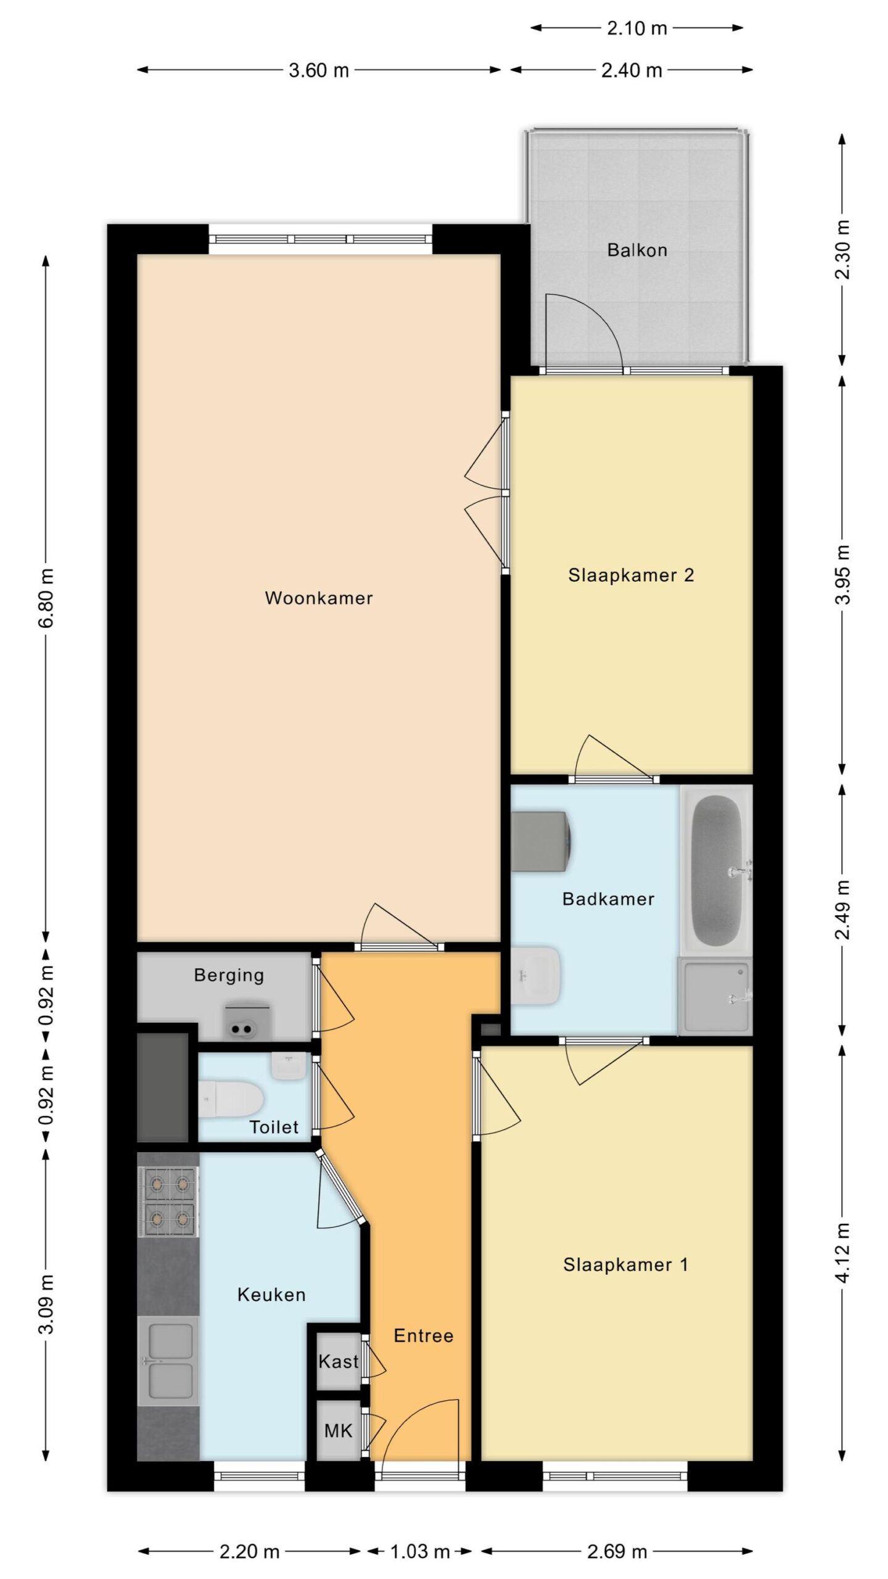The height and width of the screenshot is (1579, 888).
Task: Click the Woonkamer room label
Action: pos(319,598)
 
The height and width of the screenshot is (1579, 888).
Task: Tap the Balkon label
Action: pos(637,250)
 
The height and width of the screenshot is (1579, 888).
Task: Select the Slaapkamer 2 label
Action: pos(631,575)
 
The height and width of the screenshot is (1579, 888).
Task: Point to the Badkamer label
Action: pos(608,899)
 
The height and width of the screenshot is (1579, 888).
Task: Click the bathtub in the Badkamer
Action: pos(716,868)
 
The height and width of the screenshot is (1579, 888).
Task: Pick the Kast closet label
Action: pos(339,1361)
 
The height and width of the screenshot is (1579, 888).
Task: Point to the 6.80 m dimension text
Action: pos(47,598)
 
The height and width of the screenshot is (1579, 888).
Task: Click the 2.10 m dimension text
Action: pos(637,28)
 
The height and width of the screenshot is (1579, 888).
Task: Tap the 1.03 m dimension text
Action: pos(420,1552)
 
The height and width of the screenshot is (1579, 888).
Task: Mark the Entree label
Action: pos(424,1336)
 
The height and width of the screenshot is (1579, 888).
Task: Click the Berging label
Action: pos(229,975)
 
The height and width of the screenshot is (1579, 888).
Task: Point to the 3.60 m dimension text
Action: pos(319,70)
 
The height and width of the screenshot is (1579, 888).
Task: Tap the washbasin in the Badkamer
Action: pos(535,975)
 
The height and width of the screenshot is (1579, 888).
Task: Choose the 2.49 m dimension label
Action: pos(842,910)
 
